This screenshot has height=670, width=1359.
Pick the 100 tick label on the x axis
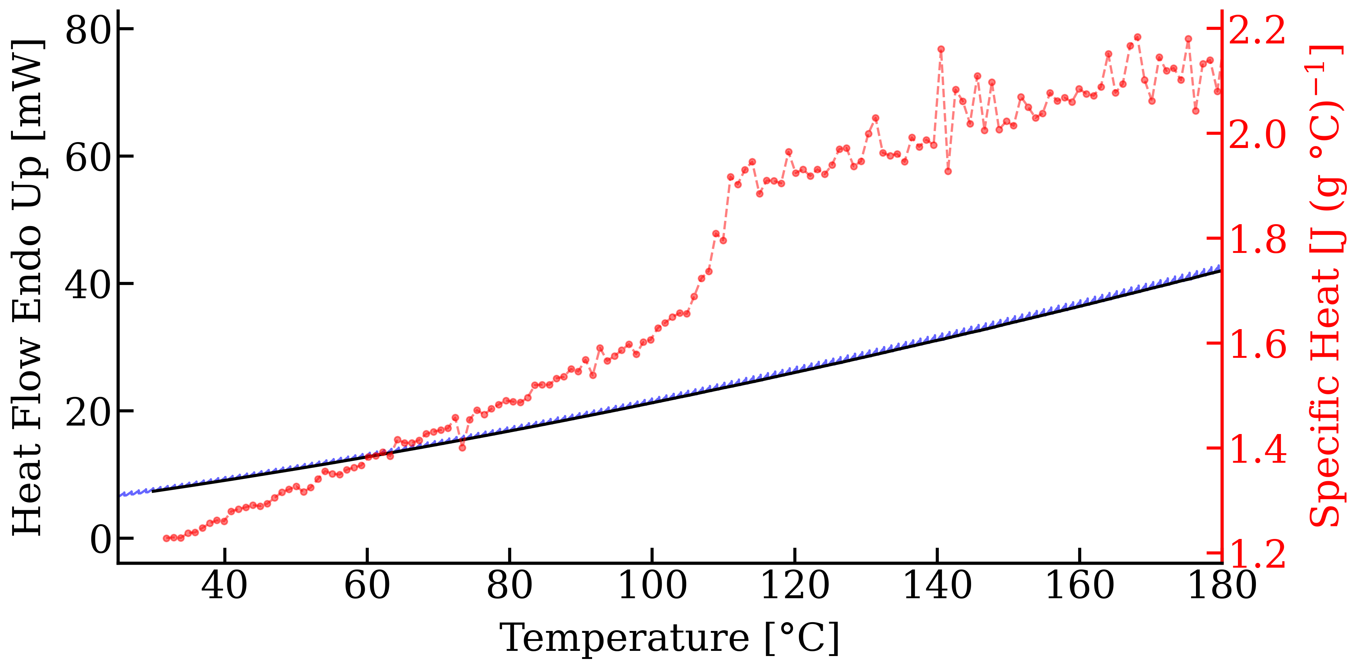(652, 586)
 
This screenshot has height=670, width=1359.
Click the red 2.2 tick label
(1258, 31)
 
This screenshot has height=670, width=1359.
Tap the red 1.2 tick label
(1258, 554)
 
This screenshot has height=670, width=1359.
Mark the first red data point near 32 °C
(167, 538)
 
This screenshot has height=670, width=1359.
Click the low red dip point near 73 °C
(462, 447)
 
